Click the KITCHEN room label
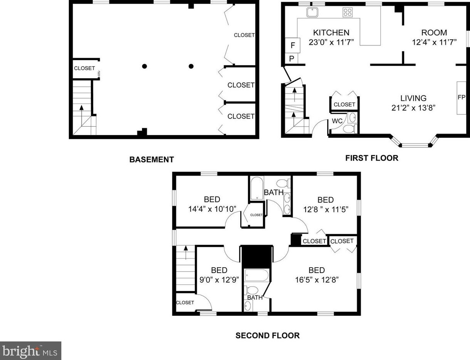pos(331,33)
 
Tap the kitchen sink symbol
pos(312,13)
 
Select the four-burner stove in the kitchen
pos(348,12)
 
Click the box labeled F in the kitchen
pos(293,45)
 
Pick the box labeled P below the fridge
pos(291,59)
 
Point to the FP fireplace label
pos(462,97)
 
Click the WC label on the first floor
pos(337,121)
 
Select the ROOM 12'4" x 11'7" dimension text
pos(434,42)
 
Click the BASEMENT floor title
pos(151,159)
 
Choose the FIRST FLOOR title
pos(371,158)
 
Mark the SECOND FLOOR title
pos(267,335)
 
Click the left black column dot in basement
pos(144,66)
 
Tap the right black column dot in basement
pos(191,66)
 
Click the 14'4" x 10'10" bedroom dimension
pos(212,209)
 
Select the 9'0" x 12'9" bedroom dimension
pos(219,280)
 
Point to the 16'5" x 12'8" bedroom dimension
pos(316,280)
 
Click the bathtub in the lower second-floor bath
pos(257,276)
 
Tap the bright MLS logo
pos(30,351)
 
